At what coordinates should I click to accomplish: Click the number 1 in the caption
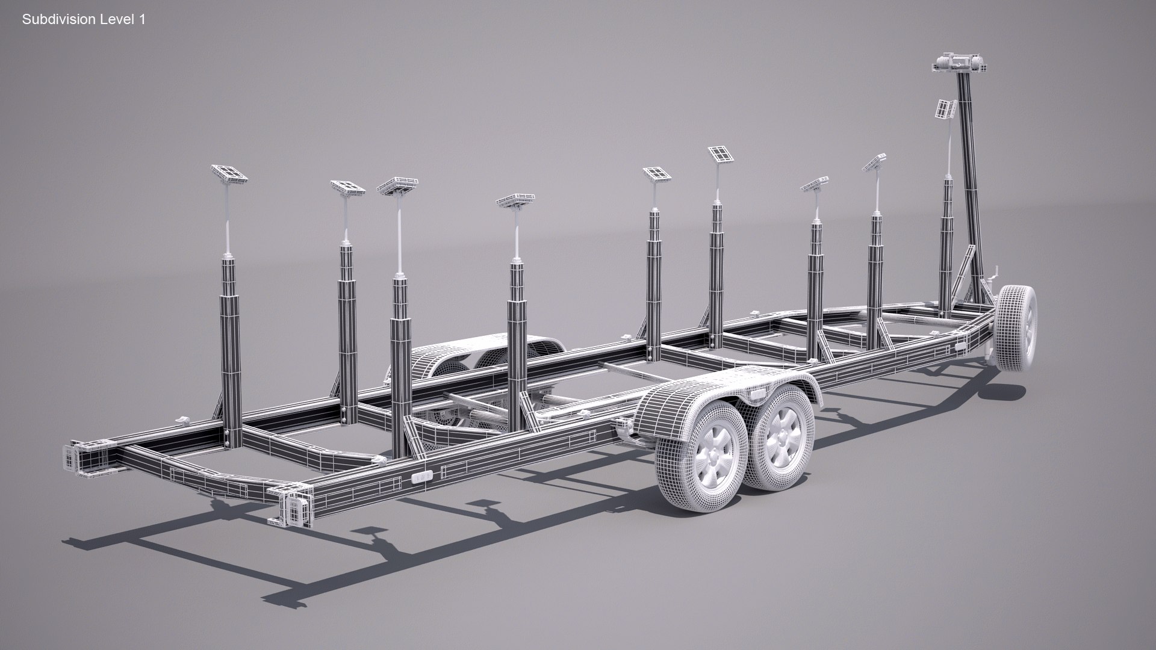coord(142,20)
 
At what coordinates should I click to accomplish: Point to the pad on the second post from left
coord(347,187)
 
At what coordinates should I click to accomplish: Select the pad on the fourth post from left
coord(515,200)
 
